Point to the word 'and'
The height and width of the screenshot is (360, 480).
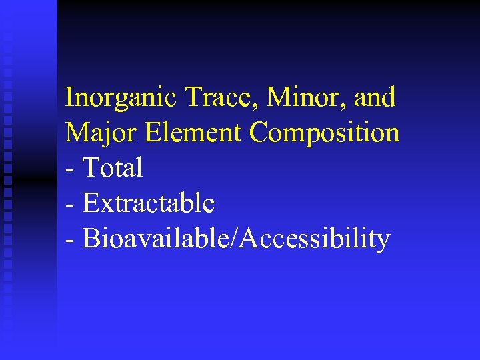(375, 98)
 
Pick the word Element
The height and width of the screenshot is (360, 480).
(197, 133)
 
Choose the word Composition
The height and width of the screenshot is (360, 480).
(325, 133)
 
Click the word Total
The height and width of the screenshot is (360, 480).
(113, 168)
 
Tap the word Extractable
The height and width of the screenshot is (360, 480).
(149, 203)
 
